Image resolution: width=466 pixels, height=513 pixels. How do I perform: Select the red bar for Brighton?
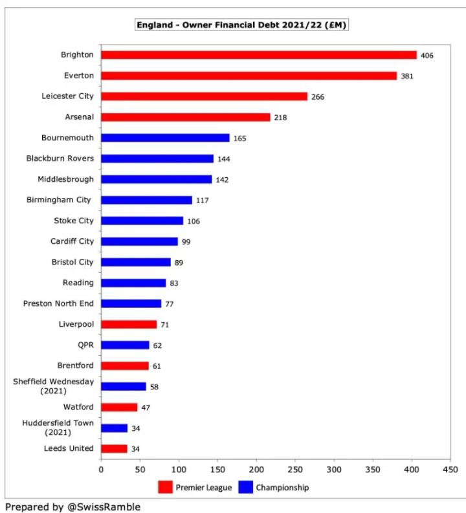coord(259,55)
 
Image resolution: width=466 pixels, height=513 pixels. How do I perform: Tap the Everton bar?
coord(249,76)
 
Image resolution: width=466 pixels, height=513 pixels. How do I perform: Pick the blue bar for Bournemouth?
coord(165,138)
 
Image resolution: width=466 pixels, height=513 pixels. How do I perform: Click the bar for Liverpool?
coord(129,324)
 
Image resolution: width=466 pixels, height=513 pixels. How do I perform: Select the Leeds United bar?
coord(114,448)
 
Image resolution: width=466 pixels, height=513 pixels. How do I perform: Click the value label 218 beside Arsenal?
coord(280,118)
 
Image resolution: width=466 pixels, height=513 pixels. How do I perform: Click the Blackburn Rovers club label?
coord(60,158)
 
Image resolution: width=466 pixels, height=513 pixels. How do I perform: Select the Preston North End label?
coord(58,303)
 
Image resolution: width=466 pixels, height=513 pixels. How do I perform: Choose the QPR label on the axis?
coord(85,345)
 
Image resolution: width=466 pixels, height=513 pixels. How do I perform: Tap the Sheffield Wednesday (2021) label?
coord(53,386)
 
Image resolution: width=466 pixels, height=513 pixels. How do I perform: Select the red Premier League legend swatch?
coord(165,487)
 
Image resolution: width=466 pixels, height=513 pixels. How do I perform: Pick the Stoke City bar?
coord(142,221)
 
